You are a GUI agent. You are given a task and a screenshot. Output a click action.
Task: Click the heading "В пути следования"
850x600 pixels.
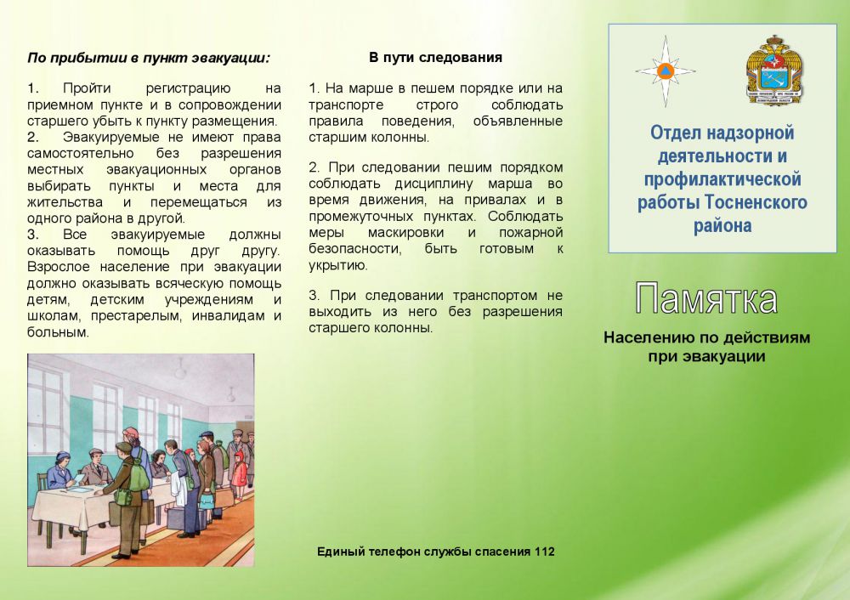[435, 58]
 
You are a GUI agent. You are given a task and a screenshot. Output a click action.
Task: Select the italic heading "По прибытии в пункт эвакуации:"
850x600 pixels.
[149, 58]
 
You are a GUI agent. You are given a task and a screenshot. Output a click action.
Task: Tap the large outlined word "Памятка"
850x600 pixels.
[706, 298]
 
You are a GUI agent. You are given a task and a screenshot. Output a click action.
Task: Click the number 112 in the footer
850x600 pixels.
[544, 552]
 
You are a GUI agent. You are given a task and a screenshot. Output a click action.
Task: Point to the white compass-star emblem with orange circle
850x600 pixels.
[666, 71]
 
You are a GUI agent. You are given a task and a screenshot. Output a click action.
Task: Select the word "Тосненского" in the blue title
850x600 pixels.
[756, 202]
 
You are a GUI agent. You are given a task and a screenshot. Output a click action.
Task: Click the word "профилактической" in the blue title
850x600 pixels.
[722, 178]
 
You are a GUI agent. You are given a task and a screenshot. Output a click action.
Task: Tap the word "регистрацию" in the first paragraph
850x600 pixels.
[188, 88]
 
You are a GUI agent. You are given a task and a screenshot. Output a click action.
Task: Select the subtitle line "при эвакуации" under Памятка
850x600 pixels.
[706, 357]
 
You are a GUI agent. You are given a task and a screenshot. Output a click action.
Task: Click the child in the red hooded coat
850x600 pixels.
[239, 474]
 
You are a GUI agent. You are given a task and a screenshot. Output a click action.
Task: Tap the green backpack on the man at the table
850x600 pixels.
[139, 475]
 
